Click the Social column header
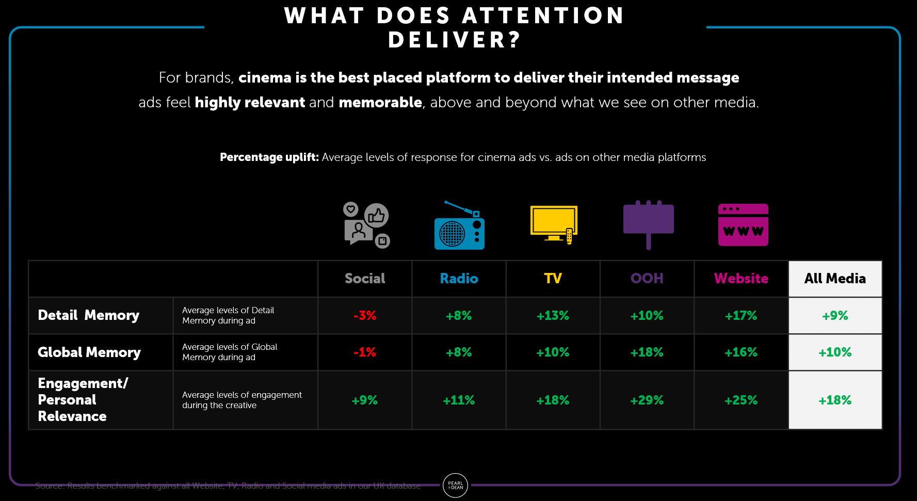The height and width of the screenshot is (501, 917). (x=365, y=279)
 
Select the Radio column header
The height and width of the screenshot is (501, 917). (x=459, y=279)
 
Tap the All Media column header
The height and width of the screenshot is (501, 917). (x=835, y=279)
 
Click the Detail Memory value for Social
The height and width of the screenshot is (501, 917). (x=365, y=316)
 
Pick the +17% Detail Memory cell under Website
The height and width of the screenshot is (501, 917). (x=741, y=316)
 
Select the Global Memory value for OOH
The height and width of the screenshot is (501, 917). (x=647, y=352)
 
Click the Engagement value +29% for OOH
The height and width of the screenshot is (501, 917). (x=647, y=400)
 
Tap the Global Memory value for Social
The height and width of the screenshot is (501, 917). (x=365, y=352)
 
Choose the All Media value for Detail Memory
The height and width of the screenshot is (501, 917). (x=835, y=316)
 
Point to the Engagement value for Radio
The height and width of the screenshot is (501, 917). (x=459, y=400)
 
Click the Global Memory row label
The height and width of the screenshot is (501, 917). (x=89, y=352)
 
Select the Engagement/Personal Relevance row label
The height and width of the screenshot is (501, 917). (x=83, y=400)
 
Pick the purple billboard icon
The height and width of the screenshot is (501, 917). (x=648, y=223)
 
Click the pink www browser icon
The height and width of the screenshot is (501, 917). (x=743, y=225)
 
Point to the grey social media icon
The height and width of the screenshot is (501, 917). (x=366, y=225)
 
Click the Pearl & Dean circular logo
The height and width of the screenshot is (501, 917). (x=455, y=486)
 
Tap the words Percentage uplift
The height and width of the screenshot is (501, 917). (x=269, y=157)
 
